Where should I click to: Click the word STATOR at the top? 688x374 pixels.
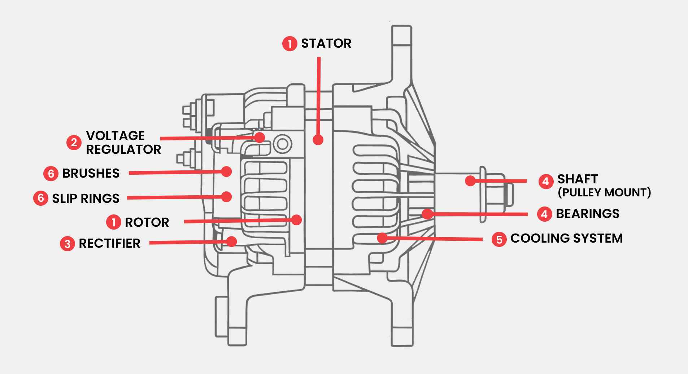coord(326,43)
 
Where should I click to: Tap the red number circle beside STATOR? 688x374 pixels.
coord(289,44)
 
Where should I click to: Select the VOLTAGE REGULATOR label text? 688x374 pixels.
coord(123,143)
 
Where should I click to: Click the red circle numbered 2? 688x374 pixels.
coord(74,142)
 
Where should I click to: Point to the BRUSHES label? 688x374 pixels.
coord(91,173)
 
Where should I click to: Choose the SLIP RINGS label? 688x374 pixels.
coord(86,199)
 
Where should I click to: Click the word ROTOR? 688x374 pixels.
coord(147,222)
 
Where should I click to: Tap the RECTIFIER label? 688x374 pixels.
coord(109,244)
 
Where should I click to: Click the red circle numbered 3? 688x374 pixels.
coord(68,244)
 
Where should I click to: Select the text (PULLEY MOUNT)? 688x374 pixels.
coord(604,192)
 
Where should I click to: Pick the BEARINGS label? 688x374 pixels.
coord(588,214)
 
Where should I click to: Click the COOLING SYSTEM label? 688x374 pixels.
coord(566,238)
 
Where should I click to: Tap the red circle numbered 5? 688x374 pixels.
coord(499,239)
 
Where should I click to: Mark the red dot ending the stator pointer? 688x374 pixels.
coord(318,140)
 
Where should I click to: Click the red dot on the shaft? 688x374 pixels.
coord(470,181)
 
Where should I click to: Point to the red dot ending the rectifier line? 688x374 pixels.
coord(231,241)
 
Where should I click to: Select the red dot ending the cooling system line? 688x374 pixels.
coord(382,238)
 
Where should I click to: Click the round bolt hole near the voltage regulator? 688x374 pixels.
coord(283,144)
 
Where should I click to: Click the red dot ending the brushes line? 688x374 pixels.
coord(226,171)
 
